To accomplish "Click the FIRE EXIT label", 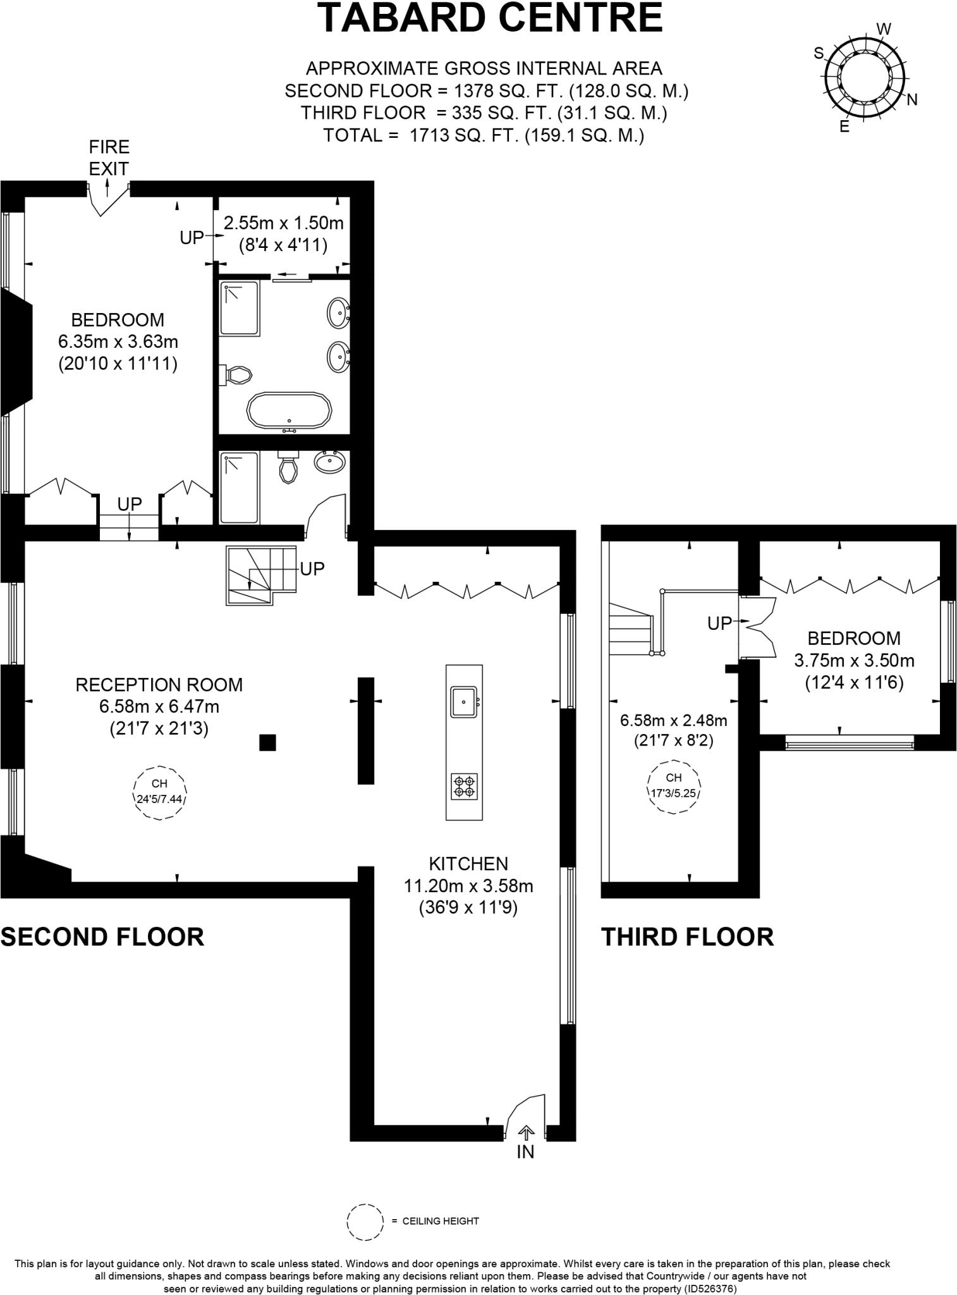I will [109, 158].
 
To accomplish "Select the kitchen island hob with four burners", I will [465, 787].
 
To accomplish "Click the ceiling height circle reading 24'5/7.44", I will [159, 792].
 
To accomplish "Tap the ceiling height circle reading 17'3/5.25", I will [674, 787].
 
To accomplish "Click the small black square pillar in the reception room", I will [267, 742].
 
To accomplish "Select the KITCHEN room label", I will [468, 864].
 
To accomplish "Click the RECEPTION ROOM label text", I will [159, 685].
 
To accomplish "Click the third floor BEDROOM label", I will [853, 639].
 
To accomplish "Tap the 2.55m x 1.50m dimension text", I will [284, 223].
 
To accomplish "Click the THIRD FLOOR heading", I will [687, 937].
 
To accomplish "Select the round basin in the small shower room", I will [329, 462].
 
